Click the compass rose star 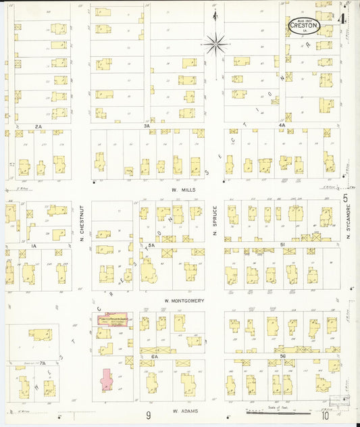pos(215,45)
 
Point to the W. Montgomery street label pos(184,301)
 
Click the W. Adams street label pos(183,410)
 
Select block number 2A pos(39,126)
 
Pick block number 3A pos(146,126)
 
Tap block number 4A pos(282,126)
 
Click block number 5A pos(151,245)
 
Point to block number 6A pos(154,355)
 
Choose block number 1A pos(33,246)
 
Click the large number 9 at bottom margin pos(148,416)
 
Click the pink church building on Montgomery pos(115,317)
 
